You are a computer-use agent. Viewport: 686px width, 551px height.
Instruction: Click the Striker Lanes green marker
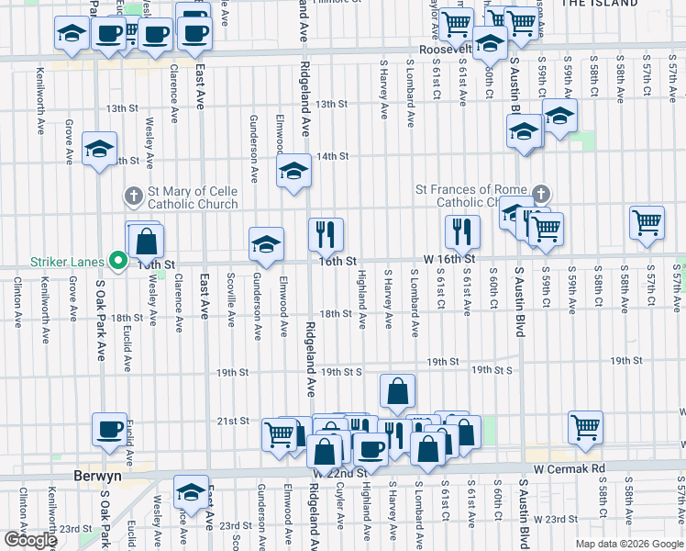117,262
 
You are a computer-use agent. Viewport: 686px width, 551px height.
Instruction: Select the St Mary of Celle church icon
133,196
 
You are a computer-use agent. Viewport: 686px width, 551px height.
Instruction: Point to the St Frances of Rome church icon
541,195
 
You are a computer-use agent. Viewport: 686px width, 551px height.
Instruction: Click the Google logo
30,540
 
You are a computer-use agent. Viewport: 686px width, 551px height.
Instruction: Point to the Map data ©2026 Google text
629,544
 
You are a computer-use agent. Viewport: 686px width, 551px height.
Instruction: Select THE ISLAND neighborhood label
599,4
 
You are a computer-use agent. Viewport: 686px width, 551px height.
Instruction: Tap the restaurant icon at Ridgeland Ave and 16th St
326,235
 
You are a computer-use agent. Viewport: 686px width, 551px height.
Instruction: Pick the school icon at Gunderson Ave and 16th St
266,243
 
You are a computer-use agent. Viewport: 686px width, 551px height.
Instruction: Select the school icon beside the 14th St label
293,171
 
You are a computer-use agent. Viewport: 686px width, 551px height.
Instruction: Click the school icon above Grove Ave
100,150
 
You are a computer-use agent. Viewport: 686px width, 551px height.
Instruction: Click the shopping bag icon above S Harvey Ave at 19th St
397,390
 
